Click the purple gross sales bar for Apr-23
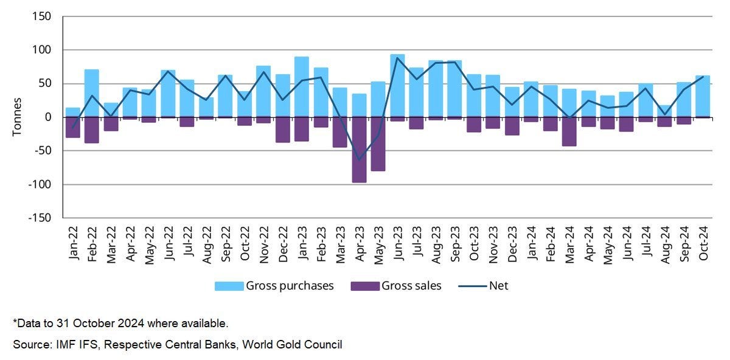[x=360, y=150]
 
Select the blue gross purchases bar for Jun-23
[x=398, y=85]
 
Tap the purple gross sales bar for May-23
[x=378, y=144]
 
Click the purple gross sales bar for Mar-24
[x=569, y=131]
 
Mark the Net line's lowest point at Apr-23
[x=360, y=160]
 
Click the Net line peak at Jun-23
[x=398, y=58]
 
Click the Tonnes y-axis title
[x=17, y=117]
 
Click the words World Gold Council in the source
[x=292, y=344]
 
